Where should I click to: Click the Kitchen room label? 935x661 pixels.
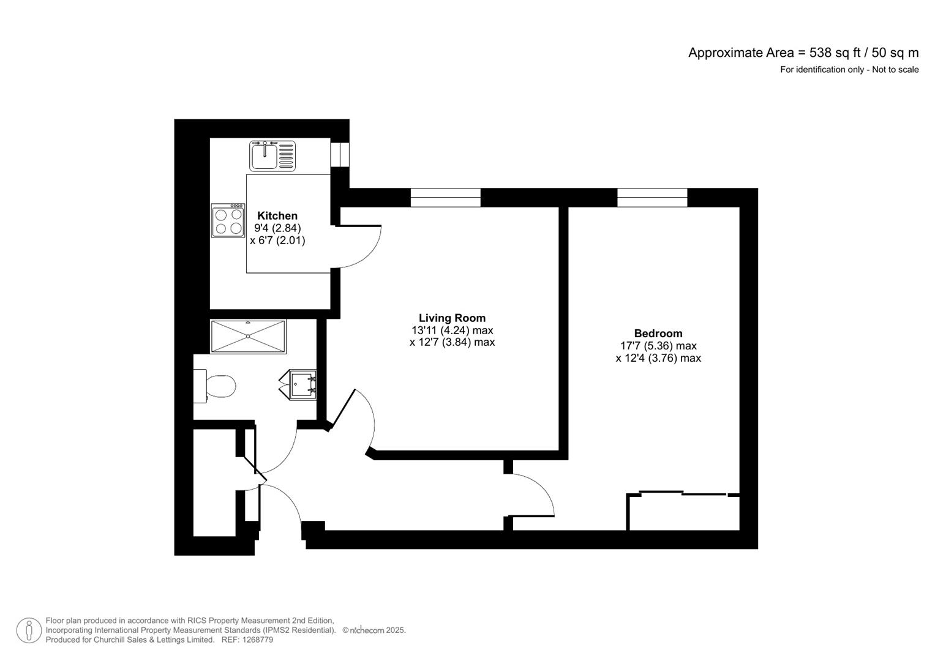(277, 215)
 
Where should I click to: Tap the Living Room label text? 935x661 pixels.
(452, 318)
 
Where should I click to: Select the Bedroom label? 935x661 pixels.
(658, 333)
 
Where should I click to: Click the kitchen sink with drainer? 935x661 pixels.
(272, 155)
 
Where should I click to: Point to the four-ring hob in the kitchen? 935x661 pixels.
(228, 221)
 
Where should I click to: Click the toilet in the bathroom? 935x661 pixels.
(216, 386)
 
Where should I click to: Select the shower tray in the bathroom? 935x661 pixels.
(248, 336)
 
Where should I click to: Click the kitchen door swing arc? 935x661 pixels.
(361, 248)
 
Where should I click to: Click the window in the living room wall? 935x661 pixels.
(445, 198)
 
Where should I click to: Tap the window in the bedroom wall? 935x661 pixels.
(652, 198)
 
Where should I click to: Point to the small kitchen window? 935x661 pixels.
(339, 154)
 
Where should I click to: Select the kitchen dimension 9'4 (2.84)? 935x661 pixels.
(277, 228)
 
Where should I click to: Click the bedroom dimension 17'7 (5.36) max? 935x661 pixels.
(658, 346)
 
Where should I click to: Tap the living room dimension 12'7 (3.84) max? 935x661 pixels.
(452, 342)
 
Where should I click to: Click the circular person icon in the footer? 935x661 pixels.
(29, 630)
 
